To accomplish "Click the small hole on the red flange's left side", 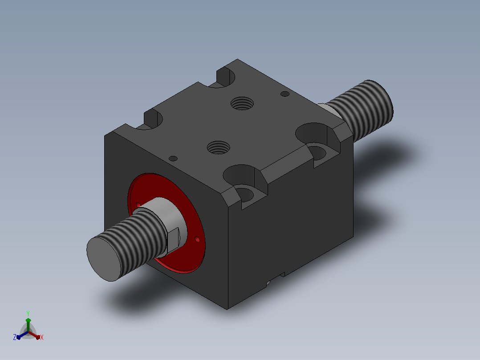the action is (x=138, y=205).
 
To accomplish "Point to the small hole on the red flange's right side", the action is (x=197, y=239).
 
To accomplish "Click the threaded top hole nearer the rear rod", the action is (x=242, y=103).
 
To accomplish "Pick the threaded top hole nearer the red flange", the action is (x=218, y=147).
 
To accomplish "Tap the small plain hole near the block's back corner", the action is (x=285, y=94).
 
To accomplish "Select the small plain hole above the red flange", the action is (x=173, y=159).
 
